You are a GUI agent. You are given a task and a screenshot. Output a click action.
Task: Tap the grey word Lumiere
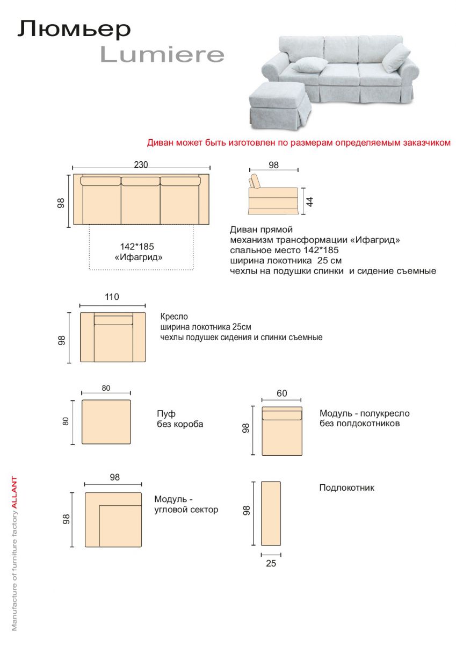pos(162,54)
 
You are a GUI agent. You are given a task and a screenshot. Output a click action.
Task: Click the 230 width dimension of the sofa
pos(141,164)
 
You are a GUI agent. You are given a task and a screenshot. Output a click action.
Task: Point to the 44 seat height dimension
pos(309,202)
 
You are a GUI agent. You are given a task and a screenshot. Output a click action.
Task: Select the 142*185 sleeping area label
pos(137,247)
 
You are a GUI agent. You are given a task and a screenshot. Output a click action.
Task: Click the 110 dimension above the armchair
pos(112,297)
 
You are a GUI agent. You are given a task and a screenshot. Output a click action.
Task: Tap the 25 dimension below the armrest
pos(271,563)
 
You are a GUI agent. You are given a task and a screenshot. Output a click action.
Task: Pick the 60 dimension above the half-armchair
pos(281,393)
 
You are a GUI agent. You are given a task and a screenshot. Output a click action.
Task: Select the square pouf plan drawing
pos(106,422)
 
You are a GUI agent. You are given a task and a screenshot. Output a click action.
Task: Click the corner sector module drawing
pos(113,520)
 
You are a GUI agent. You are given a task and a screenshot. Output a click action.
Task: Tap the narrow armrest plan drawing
pos(271,513)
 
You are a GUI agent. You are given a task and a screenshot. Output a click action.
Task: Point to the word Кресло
pos(175,317)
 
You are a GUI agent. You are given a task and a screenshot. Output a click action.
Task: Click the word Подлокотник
pos(346,488)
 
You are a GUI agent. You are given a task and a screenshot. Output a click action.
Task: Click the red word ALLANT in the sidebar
pos(15,491)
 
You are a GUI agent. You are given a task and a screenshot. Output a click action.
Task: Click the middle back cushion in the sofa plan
pos(140,182)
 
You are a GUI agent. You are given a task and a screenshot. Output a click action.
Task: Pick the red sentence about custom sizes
pos(299,144)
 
